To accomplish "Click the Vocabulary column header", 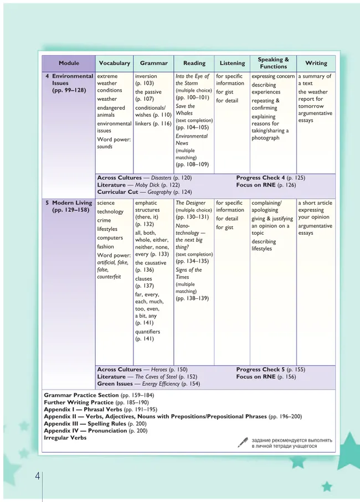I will [x=114, y=63].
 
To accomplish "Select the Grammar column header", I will [x=154, y=63].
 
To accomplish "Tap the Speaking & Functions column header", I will [x=274, y=63].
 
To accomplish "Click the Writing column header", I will [x=316, y=63].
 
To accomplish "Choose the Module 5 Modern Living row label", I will [x=67, y=207].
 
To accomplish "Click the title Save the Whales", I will [x=185, y=110].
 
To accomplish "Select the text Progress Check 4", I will [x=260, y=178].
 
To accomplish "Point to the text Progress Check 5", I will [x=260, y=369].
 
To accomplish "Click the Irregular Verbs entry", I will [x=65, y=438].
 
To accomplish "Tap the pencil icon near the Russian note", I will [x=243, y=442].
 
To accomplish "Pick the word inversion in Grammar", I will [x=146, y=76].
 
